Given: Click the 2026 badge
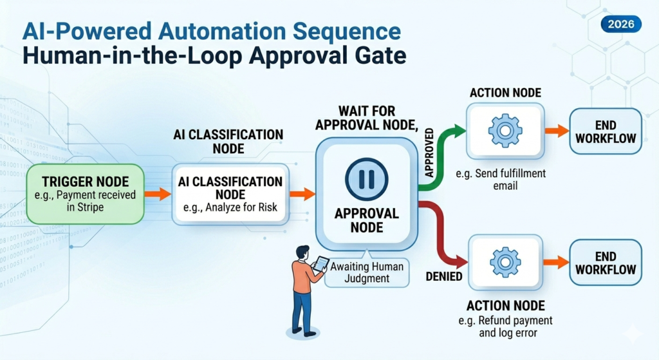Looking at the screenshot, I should (620, 25).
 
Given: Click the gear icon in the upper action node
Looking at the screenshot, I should (505, 131).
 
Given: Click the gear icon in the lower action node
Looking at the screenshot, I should (505, 262).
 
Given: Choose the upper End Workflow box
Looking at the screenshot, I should (606, 131).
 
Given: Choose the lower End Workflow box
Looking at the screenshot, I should (606, 262).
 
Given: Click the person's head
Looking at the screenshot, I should (302, 252).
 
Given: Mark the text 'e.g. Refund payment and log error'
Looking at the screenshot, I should (508, 327).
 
